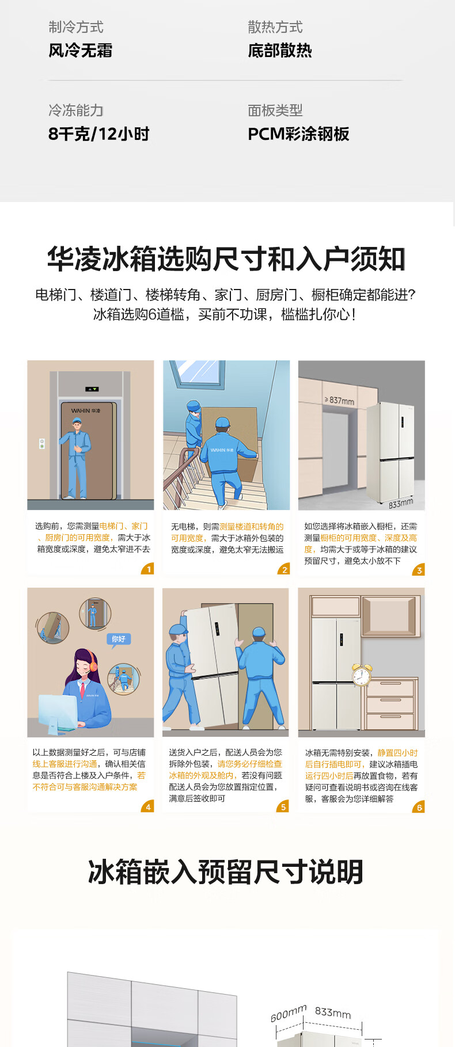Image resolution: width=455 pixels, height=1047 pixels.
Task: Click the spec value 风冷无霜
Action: pyautogui.click(x=80, y=51)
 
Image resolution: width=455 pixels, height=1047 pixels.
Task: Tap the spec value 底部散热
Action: pyautogui.click(x=280, y=51)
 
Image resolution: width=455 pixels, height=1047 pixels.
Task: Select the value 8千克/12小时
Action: pyautogui.click(x=99, y=134)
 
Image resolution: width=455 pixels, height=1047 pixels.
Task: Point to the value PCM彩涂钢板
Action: pyautogui.click(x=298, y=134)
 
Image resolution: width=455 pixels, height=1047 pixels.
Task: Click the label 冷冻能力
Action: pyautogui.click(x=76, y=110)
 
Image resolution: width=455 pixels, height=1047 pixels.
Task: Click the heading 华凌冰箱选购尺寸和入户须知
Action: pyautogui.click(x=226, y=259)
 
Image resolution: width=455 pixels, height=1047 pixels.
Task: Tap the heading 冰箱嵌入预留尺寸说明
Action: pyautogui.click(x=226, y=871)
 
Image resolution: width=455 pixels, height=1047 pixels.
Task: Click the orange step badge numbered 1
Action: pyautogui.click(x=149, y=569)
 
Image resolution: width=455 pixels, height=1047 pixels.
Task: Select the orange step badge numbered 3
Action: pyautogui.click(x=419, y=570)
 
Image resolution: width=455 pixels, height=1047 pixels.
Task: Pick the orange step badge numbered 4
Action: pyautogui.click(x=148, y=806)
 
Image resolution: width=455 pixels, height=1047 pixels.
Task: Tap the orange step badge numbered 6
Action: pyautogui.click(x=419, y=807)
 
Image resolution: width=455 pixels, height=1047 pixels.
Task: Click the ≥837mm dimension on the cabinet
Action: pyautogui.click(x=339, y=400)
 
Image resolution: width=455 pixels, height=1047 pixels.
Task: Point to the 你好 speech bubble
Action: pyautogui.click(x=119, y=639)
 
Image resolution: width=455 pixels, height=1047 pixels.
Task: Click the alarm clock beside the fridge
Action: pyautogui.click(x=362, y=675)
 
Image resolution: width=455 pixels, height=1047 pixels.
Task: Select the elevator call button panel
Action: pyautogui.click(x=41, y=444)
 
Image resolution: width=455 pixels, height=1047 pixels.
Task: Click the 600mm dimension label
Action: pyautogui.click(x=289, y=1013)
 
